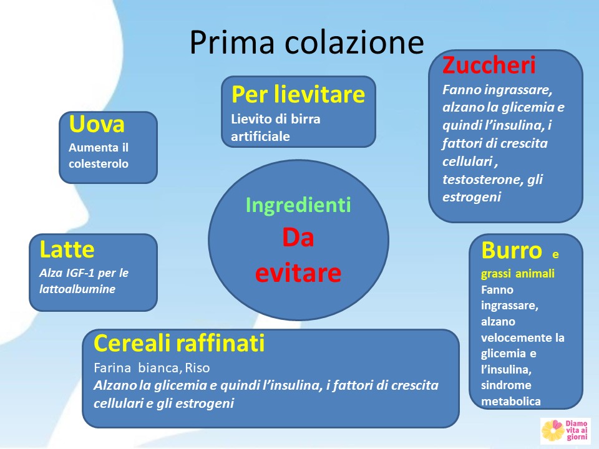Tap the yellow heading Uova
click(97, 124)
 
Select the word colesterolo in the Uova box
click(99, 164)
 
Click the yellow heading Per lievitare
click(298, 94)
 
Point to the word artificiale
click(261, 137)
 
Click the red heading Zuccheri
click(489, 65)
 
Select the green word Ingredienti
click(298, 205)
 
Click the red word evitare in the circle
click(298, 273)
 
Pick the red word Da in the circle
click(298, 237)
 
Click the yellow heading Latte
click(67, 249)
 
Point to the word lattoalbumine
click(77, 289)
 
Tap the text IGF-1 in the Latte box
click(80, 273)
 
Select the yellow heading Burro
click(512, 251)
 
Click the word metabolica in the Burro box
click(511, 401)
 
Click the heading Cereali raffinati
click(179, 343)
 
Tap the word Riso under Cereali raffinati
click(198, 368)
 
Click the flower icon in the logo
click(553, 431)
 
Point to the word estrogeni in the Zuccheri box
click(472, 197)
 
